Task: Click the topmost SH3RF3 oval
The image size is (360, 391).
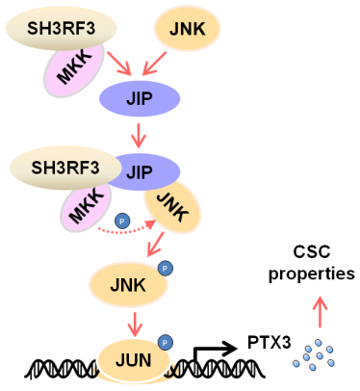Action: click(x=61, y=28)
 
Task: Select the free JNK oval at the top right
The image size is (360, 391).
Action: click(x=188, y=28)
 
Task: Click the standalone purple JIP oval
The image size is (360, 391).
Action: click(x=140, y=98)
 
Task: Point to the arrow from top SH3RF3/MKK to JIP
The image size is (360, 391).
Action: click(x=119, y=64)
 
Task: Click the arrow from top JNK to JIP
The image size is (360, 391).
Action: click(x=154, y=64)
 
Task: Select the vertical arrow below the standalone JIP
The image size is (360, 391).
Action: click(x=139, y=135)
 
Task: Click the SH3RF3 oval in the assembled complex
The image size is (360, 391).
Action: click(x=65, y=168)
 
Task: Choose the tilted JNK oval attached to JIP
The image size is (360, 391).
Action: click(x=172, y=207)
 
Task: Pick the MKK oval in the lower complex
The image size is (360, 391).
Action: click(x=86, y=208)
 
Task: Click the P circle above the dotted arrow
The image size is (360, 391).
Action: click(x=122, y=221)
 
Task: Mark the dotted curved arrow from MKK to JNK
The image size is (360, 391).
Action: click(x=125, y=230)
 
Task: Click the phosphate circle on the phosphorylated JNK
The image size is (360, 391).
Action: click(x=166, y=268)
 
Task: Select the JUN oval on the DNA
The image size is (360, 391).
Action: click(x=134, y=360)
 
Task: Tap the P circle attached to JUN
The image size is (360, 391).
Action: click(x=165, y=343)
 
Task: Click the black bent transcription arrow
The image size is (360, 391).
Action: click(x=215, y=350)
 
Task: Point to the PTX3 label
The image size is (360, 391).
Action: click(x=270, y=343)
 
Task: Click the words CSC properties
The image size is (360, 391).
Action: click(x=312, y=263)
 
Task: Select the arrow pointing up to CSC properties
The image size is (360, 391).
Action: click(x=320, y=311)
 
